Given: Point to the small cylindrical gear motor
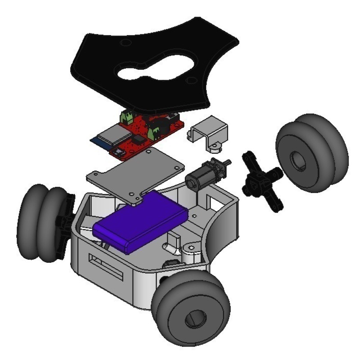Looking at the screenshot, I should tap(200, 175).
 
